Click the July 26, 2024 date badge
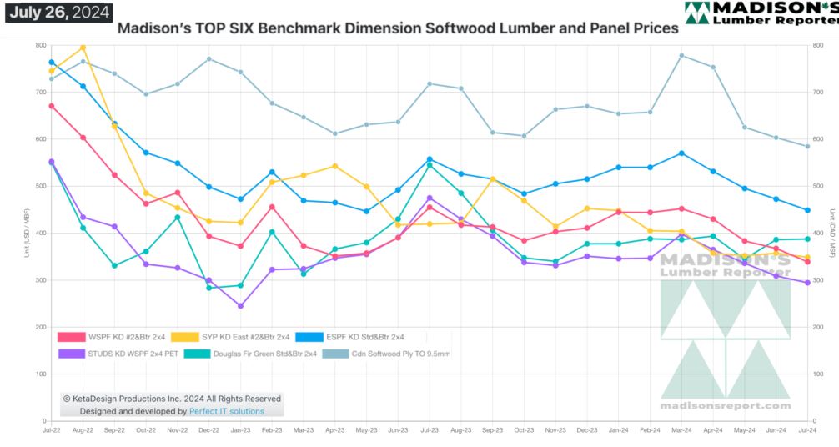point(58,13)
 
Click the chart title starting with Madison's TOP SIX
point(398,28)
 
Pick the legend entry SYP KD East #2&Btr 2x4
point(233,337)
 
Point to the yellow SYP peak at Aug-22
point(83,48)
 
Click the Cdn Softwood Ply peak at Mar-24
point(682,56)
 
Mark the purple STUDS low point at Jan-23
point(241,306)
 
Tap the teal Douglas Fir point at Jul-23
point(430,165)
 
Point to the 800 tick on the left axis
point(40,44)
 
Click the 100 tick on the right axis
point(821,374)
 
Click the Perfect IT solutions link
point(226,411)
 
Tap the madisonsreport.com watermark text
point(725,405)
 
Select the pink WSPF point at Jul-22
point(52,106)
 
